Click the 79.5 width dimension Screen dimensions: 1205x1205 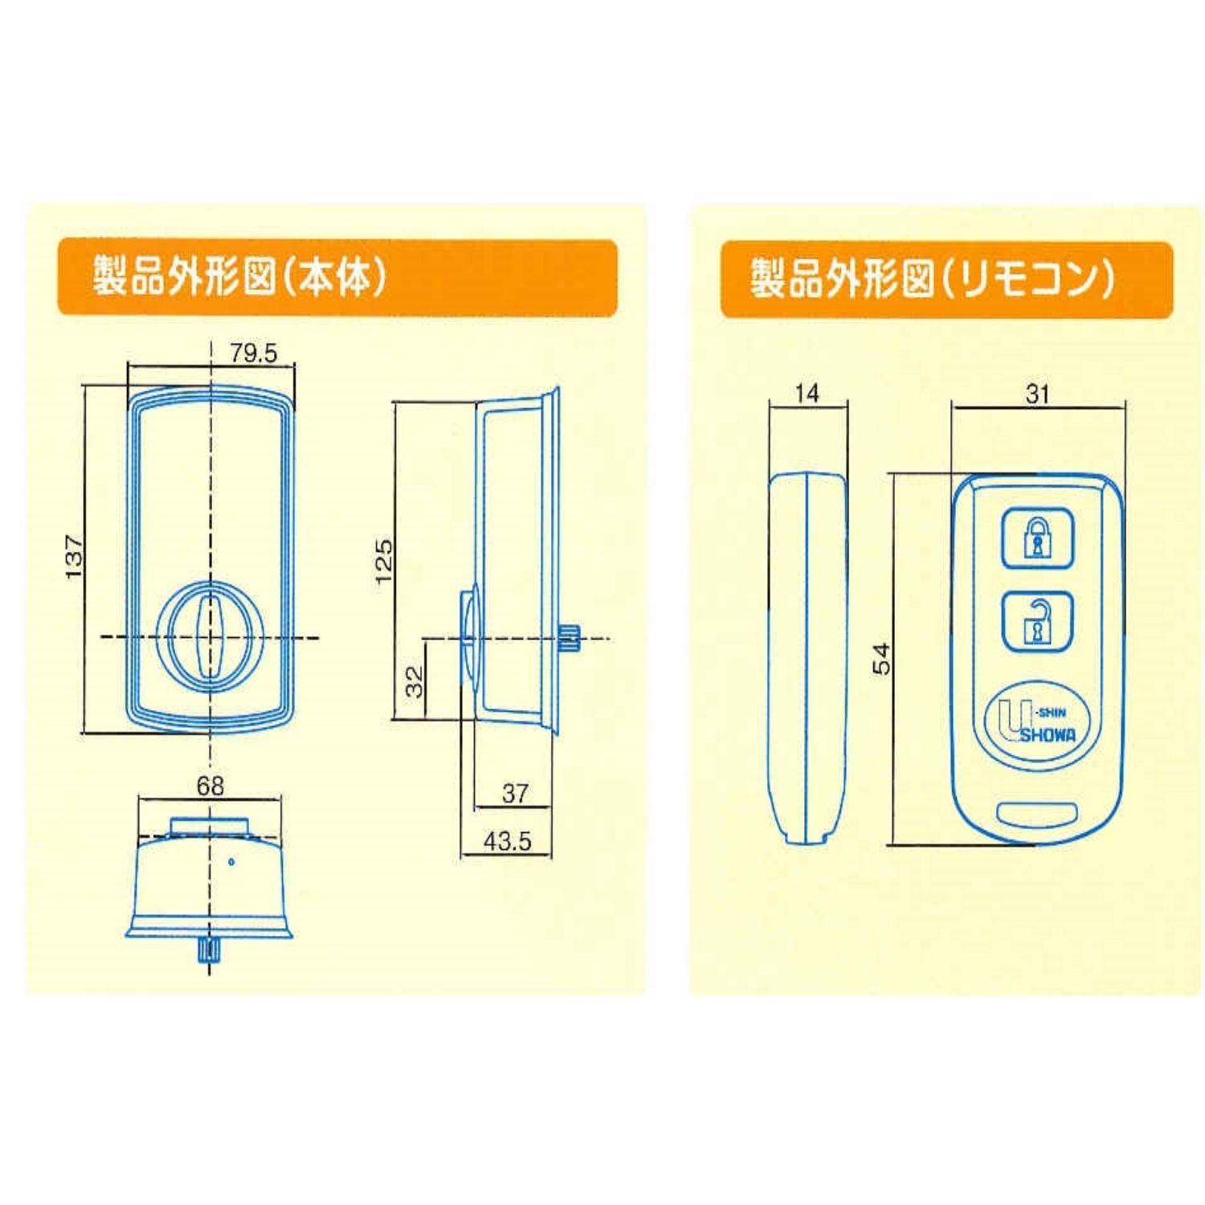[x=253, y=353]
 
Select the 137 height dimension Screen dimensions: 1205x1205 [x=74, y=557]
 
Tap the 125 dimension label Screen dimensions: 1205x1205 [x=384, y=561]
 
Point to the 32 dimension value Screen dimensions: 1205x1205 [x=414, y=681]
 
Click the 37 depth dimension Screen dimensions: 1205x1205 [x=515, y=794]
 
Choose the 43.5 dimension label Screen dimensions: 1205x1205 [x=507, y=841]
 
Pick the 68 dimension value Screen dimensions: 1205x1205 [x=210, y=786]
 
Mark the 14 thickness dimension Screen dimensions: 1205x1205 [x=807, y=394]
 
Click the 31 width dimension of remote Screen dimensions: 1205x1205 [x=1037, y=394]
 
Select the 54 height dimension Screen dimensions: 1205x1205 [x=882, y=659]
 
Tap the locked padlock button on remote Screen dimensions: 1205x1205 [x=1037, y=539]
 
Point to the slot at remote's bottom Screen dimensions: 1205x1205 [x=1037, y=813]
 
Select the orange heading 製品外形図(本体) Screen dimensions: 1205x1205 [x=337, y=277]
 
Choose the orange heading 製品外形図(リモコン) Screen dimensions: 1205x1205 [x=946, y=279]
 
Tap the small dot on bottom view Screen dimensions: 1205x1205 [x=231, y=862]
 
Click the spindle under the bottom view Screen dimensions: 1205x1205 [x=209, y=950]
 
